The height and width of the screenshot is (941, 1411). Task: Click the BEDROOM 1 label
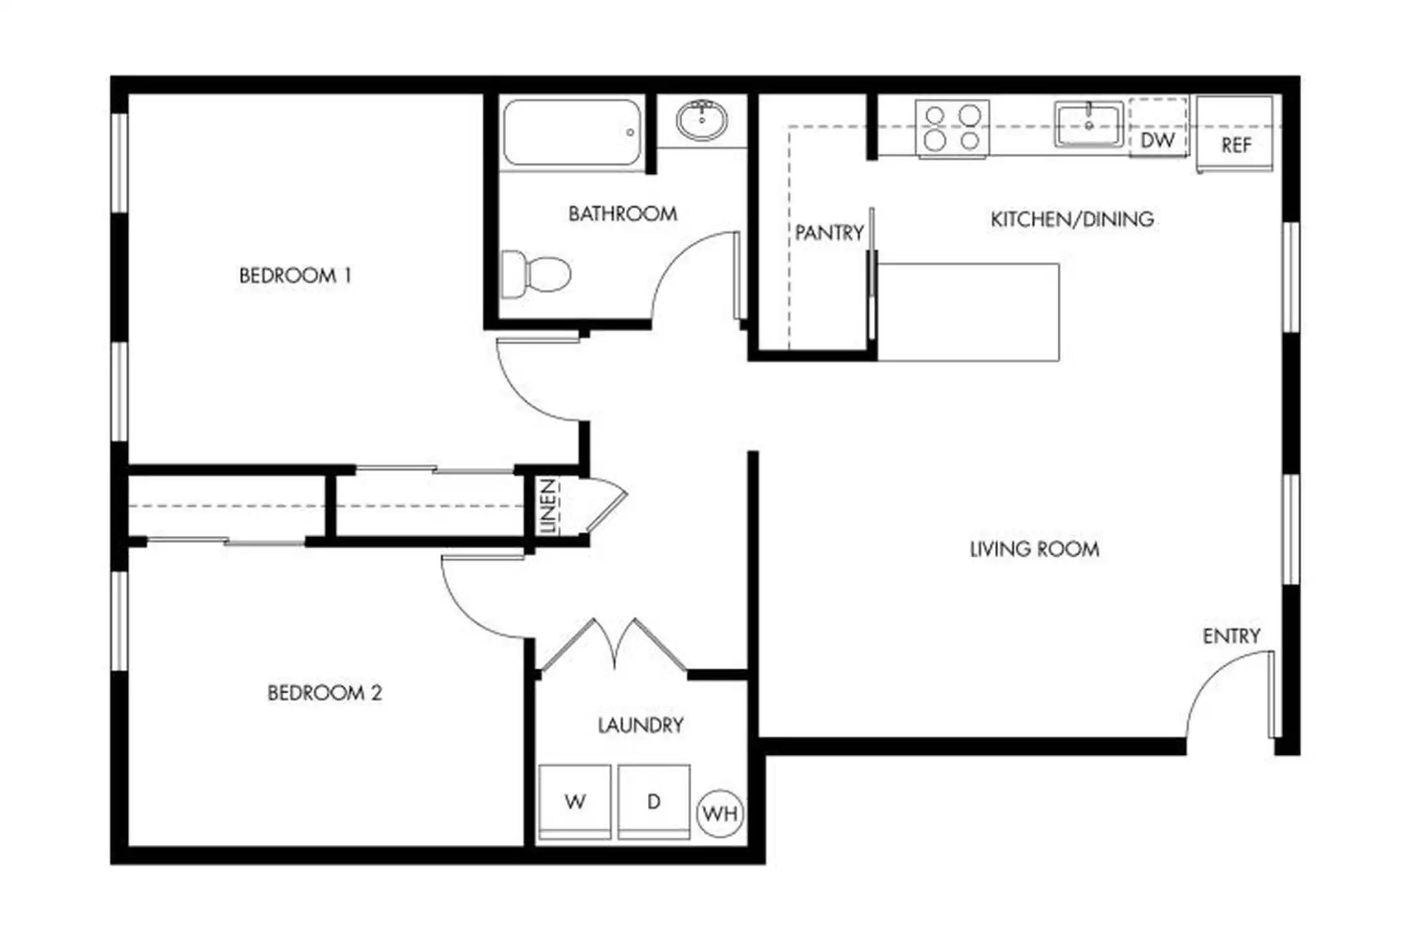(295, 276)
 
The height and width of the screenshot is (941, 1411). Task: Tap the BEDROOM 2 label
(325, 693)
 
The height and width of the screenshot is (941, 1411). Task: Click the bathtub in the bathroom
(572, 132)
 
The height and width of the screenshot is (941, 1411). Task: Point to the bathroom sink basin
(702, 120)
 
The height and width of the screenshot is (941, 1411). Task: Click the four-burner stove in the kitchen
(952, 129)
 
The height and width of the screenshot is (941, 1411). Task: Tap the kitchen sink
(1088, 124)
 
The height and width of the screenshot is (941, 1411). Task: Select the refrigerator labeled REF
(1235, 134)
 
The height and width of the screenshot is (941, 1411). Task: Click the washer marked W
(575, 802)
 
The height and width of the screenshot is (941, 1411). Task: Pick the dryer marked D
(654, 802)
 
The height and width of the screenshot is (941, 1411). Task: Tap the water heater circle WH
(721, 814)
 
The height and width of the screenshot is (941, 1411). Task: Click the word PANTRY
(829, 233)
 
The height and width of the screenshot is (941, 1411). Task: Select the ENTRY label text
(1231, 636)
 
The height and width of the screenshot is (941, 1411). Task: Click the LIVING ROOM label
(1035, 549)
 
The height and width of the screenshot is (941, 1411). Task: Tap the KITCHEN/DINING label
(1072, 219)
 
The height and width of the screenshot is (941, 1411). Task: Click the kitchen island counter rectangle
(968, 312)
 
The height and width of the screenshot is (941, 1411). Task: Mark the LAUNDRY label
(641, 725)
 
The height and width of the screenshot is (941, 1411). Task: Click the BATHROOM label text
(623, 214)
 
